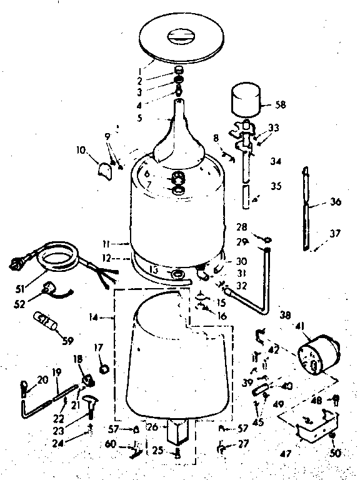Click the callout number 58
281,105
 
